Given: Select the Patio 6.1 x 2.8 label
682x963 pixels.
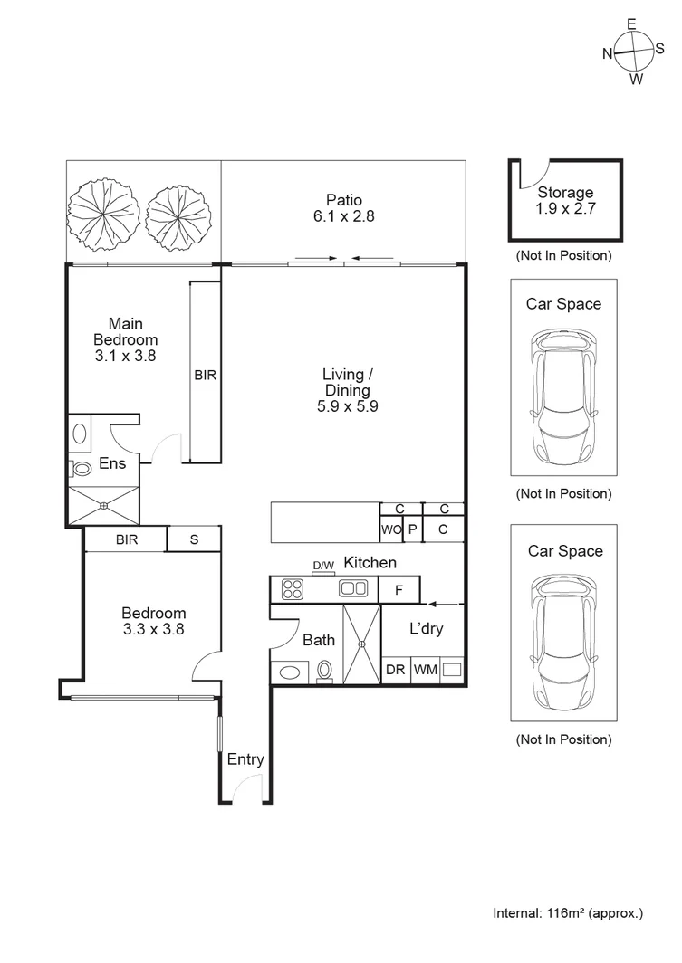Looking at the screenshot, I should tap(343, 208).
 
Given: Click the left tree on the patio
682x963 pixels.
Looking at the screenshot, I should tap(103, 214).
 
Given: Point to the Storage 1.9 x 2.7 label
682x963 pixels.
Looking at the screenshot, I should tap(565, 200).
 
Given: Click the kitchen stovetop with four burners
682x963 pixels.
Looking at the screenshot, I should tap(293, 589).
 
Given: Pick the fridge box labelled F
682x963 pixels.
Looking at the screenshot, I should tap(399, 590).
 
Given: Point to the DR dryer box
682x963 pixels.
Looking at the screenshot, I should tap(395, 671).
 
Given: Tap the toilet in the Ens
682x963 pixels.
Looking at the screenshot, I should tap(82, 469).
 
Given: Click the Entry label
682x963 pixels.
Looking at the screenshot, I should tap(245, 759).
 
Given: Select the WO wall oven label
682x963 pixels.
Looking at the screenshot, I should tap(389, 529).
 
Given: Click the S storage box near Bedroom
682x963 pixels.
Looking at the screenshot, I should tap(194, 539).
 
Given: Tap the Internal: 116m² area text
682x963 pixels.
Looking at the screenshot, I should tap(568, 913).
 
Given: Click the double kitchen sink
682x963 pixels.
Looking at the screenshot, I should tap(353, 589).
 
